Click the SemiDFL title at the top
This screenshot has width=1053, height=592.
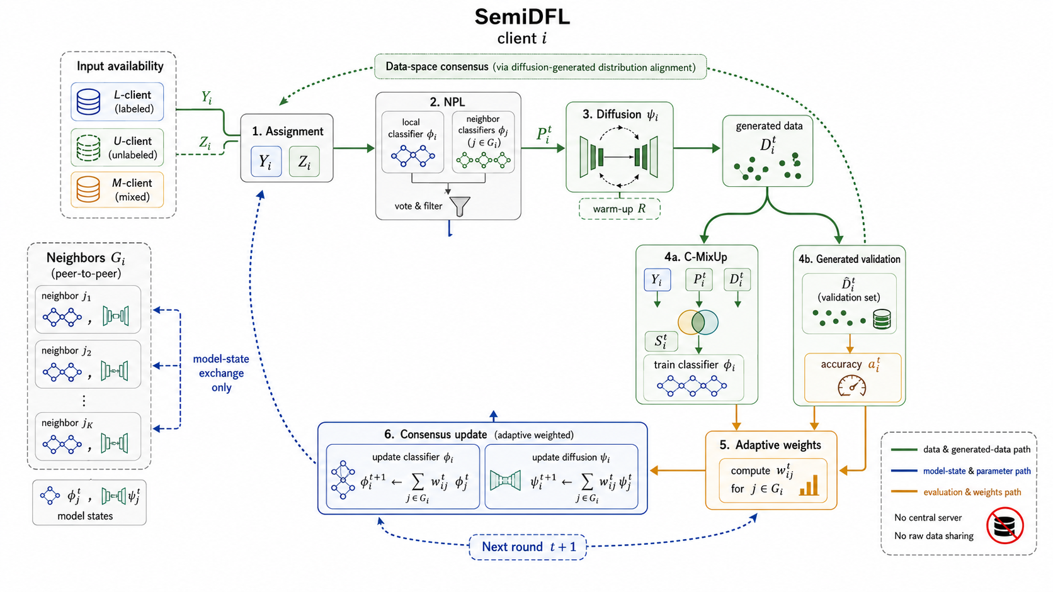pyautogui.click(x=522, y=17)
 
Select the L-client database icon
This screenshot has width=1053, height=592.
pyautogui.click(x=88, y=101)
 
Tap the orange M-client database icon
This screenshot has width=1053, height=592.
pyautogui.click(x=88, y=189)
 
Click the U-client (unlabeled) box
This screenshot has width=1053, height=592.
pyautogui.click(x=117, y=147)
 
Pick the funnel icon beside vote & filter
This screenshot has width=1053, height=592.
pyautogui.click(x=460, y=206)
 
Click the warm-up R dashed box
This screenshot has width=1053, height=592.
pyautogui.click(x=620, y=209)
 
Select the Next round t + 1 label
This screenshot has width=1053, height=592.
pyautogui.click(x=528, y=547)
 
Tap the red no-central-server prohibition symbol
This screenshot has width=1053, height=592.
pyautogui.click(x=1005, y=526)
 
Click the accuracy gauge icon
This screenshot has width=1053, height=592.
pyautogui.click(x=852, y=386)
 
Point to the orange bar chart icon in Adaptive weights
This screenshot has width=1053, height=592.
pyautogui.click(x=809, y=485)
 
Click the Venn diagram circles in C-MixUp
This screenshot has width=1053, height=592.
pyautogui.click(x=698, y=322)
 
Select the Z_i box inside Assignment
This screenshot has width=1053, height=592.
pyautogui.click(x=304, y=162)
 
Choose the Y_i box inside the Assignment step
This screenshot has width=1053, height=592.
pyautogui.click(x=266, y=162)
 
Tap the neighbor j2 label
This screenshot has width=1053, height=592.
pyautogui.click(x=66, y=350)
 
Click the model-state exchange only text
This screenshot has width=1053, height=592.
pyautogui.click(x=221, y=373)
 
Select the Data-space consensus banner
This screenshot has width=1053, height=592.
pyautogui.click(x=540, y=67)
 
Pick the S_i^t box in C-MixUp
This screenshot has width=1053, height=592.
pyautogui.click(x=661, y=342)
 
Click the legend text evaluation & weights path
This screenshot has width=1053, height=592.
pyautogui.click(x=972, y=492)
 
